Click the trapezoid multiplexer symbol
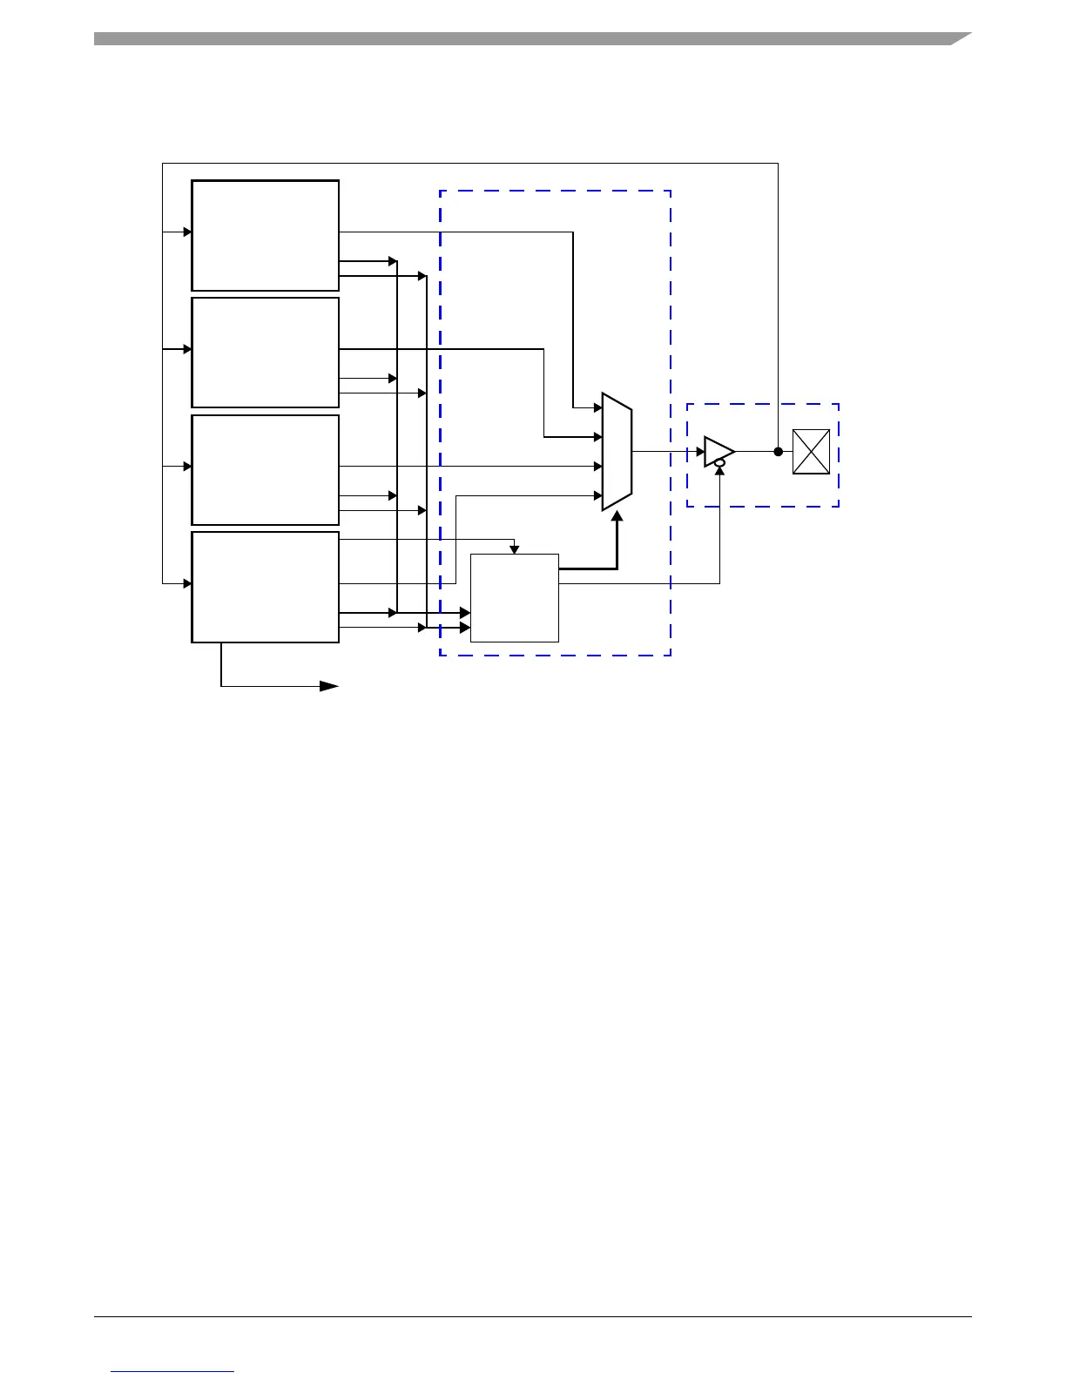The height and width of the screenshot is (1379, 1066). pos(617,452)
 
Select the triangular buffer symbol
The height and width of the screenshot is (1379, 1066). pos(718,451)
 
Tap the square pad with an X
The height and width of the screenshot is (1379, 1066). pos(811,452)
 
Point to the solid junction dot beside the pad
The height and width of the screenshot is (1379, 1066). pos(778,451)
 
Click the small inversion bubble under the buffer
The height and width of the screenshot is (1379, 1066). pos(719,464)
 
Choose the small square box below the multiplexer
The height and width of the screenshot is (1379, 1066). pos(515,597)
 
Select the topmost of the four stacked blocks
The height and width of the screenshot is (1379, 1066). pos(265,235)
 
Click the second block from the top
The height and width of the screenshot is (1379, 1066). pos(265,352)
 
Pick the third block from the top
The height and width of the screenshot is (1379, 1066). pos(265,469)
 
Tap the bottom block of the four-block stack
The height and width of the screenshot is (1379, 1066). pos(265,587)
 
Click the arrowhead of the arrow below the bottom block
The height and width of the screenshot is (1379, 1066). pos(330,686)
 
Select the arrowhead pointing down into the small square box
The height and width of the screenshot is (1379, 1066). pos(515,549)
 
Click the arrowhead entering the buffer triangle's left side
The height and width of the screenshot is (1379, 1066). pos(700,451)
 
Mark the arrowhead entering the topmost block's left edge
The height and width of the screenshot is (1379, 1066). pos(187,232)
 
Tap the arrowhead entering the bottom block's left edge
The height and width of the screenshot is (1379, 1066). pos(187,583)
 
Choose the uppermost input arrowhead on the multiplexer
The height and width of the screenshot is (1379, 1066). pos(598,407)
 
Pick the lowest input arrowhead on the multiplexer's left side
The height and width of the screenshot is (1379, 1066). pos(598,495)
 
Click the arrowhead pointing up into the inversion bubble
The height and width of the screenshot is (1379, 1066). pos(719,473)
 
